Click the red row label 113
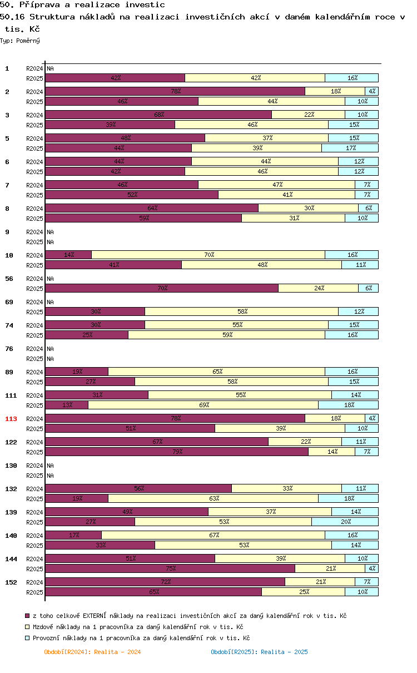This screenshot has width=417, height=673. [x=11, y=419]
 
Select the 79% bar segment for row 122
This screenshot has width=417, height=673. [x=177, y=452]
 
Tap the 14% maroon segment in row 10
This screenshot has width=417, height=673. [x=68, y=255]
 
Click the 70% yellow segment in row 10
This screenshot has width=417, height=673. [x=208, y=255]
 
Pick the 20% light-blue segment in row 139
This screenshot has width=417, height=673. [x=345, y=522]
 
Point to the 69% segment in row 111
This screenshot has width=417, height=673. [x=203, y=405]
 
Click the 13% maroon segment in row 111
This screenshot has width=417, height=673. [x=67, y=405]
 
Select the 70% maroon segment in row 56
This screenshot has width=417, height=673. [x=162, y=288]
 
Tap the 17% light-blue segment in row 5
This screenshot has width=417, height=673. [x=350, y=148]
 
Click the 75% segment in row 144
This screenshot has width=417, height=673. [x=170, y=568]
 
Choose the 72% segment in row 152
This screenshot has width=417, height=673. [x=165, y=582]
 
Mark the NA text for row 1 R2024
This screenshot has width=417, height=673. [x=50, y=68]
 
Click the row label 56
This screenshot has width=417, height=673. [x=9, y=279]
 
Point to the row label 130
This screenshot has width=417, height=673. [x=11, y=466]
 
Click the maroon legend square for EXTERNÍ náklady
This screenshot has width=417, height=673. [x=27, y=616]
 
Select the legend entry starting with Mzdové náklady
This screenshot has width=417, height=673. [x=138, y=627]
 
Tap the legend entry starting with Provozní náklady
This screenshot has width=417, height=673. [x=141, y=638]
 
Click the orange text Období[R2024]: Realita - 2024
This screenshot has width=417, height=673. [x=92, y=652]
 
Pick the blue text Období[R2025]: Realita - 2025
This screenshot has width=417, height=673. [x=259, y=652]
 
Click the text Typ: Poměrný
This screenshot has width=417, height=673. [x=20, y=41]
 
